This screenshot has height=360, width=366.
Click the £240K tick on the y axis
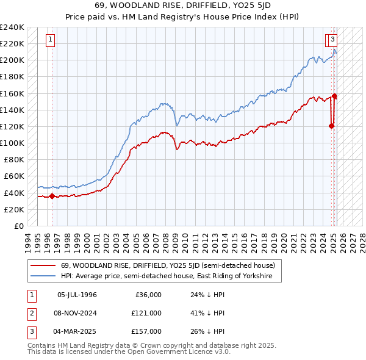tap(12, 27)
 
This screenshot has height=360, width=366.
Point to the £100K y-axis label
tap(12, 143)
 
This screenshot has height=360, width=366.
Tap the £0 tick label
tap(18, 226)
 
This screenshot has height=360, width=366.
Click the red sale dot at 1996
tap(52, 196)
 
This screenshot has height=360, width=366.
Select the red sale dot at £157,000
tap(335, 96)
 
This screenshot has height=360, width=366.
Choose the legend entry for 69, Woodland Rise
tap(168, 266)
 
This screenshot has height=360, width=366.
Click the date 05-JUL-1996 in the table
tap(77, 295)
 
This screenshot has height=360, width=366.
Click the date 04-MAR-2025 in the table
tap(77, 331)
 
